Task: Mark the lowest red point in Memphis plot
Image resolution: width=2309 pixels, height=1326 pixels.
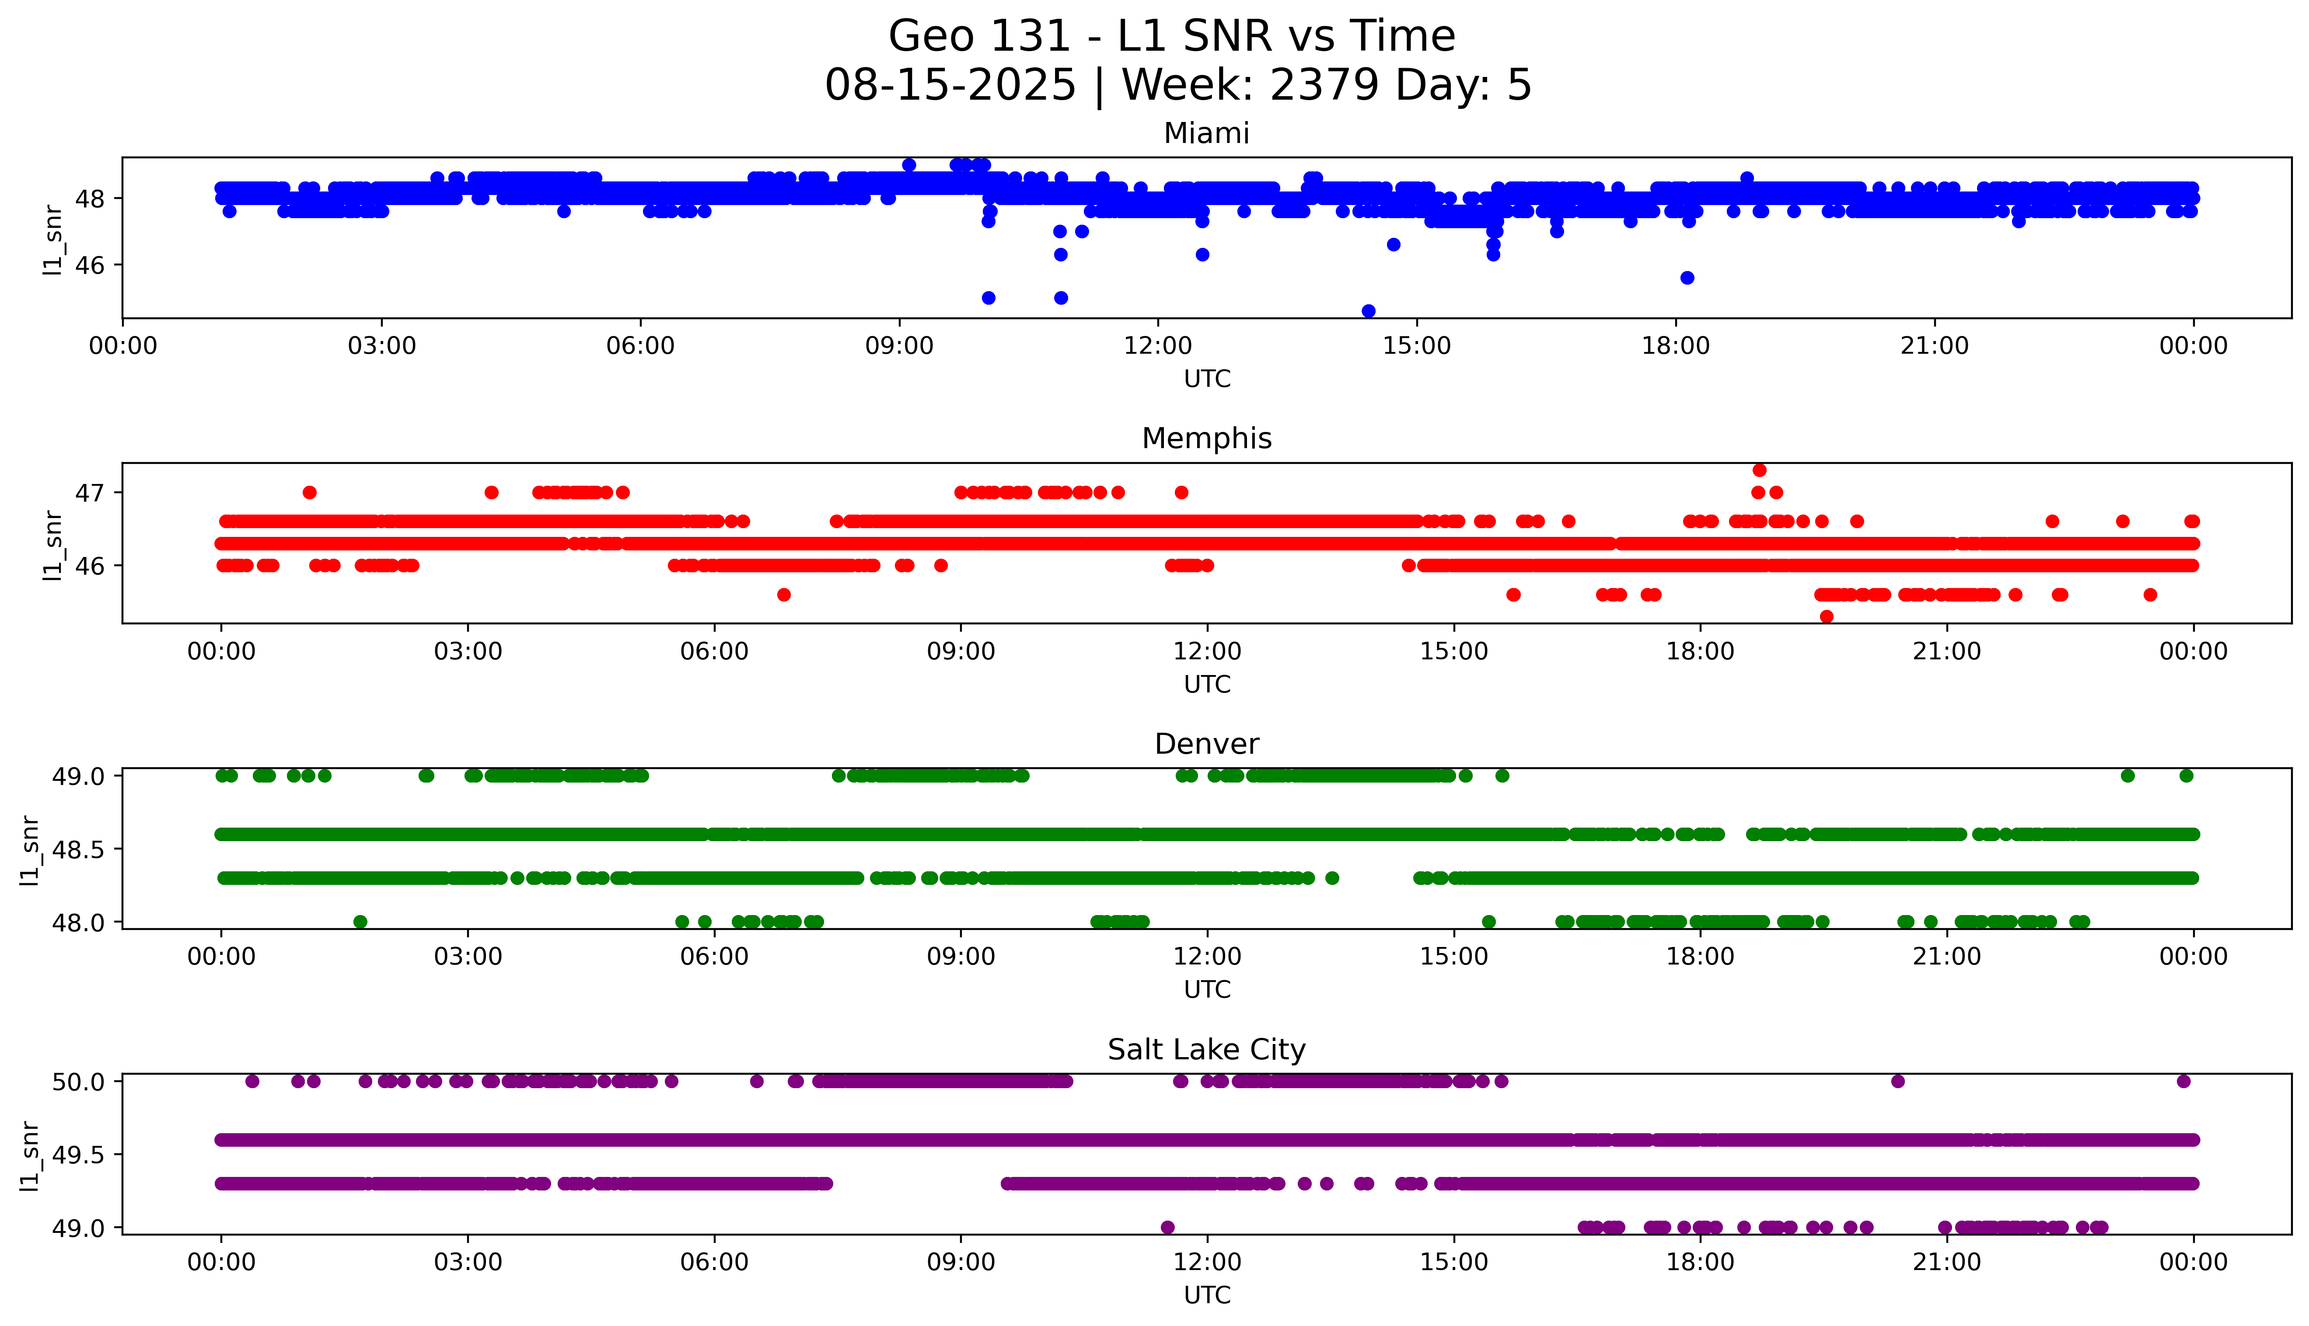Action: (x=1826, y=616)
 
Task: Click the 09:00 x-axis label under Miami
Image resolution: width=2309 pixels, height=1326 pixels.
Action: (x=899, y=346)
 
